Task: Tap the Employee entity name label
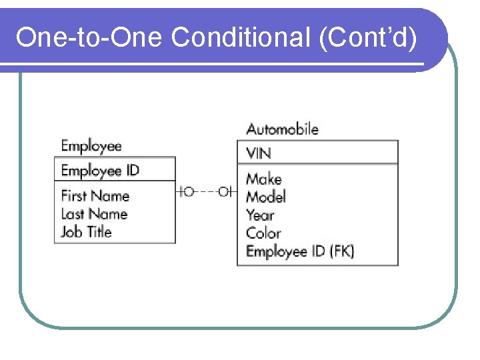91,146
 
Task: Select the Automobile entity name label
282,129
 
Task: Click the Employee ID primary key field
100,170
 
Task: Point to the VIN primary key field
259,153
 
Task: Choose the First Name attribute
95,196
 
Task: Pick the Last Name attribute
94,214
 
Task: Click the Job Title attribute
87,232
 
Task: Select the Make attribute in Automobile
264,179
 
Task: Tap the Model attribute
266,197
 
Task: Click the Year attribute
260,215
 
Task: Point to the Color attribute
263,233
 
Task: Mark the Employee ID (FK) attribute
300,251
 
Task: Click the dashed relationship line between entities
207,192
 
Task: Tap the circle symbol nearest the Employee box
189,192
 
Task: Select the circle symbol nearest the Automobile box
224,192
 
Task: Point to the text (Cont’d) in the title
368,38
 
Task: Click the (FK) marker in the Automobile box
341,251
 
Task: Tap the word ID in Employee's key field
132,170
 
